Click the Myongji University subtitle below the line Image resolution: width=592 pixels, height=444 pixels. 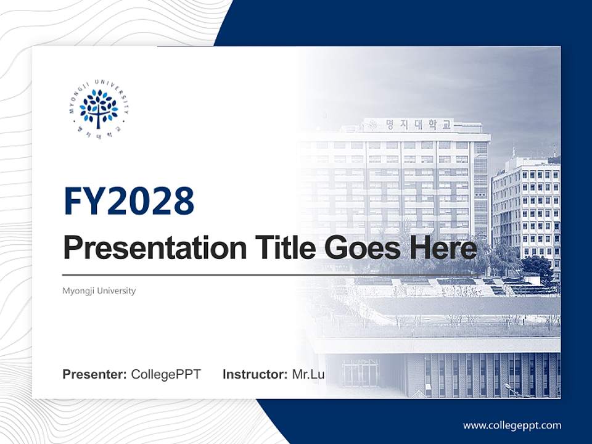click(99, 290)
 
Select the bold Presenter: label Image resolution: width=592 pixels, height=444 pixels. click(95, 374)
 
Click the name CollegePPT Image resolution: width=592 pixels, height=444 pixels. click(166, 374)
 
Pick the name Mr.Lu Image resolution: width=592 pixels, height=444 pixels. click(308, 374)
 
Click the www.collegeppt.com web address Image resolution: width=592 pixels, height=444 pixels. click(512, 425)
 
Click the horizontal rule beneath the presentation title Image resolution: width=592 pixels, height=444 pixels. click(271, 274)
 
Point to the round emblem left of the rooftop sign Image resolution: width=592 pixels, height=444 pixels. click(372, 125)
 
